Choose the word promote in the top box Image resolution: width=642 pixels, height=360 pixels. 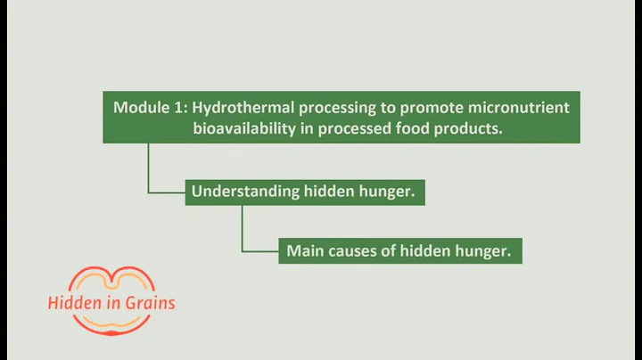click(x=425, y=107)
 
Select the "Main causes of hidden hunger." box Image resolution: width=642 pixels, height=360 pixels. click(x=399, y=250)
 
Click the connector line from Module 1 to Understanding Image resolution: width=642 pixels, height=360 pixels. click(x=149, y=169)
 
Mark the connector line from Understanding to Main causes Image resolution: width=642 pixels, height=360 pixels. click(x=243, y=230)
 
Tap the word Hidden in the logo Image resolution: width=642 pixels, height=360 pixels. click(x=72, y=303)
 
